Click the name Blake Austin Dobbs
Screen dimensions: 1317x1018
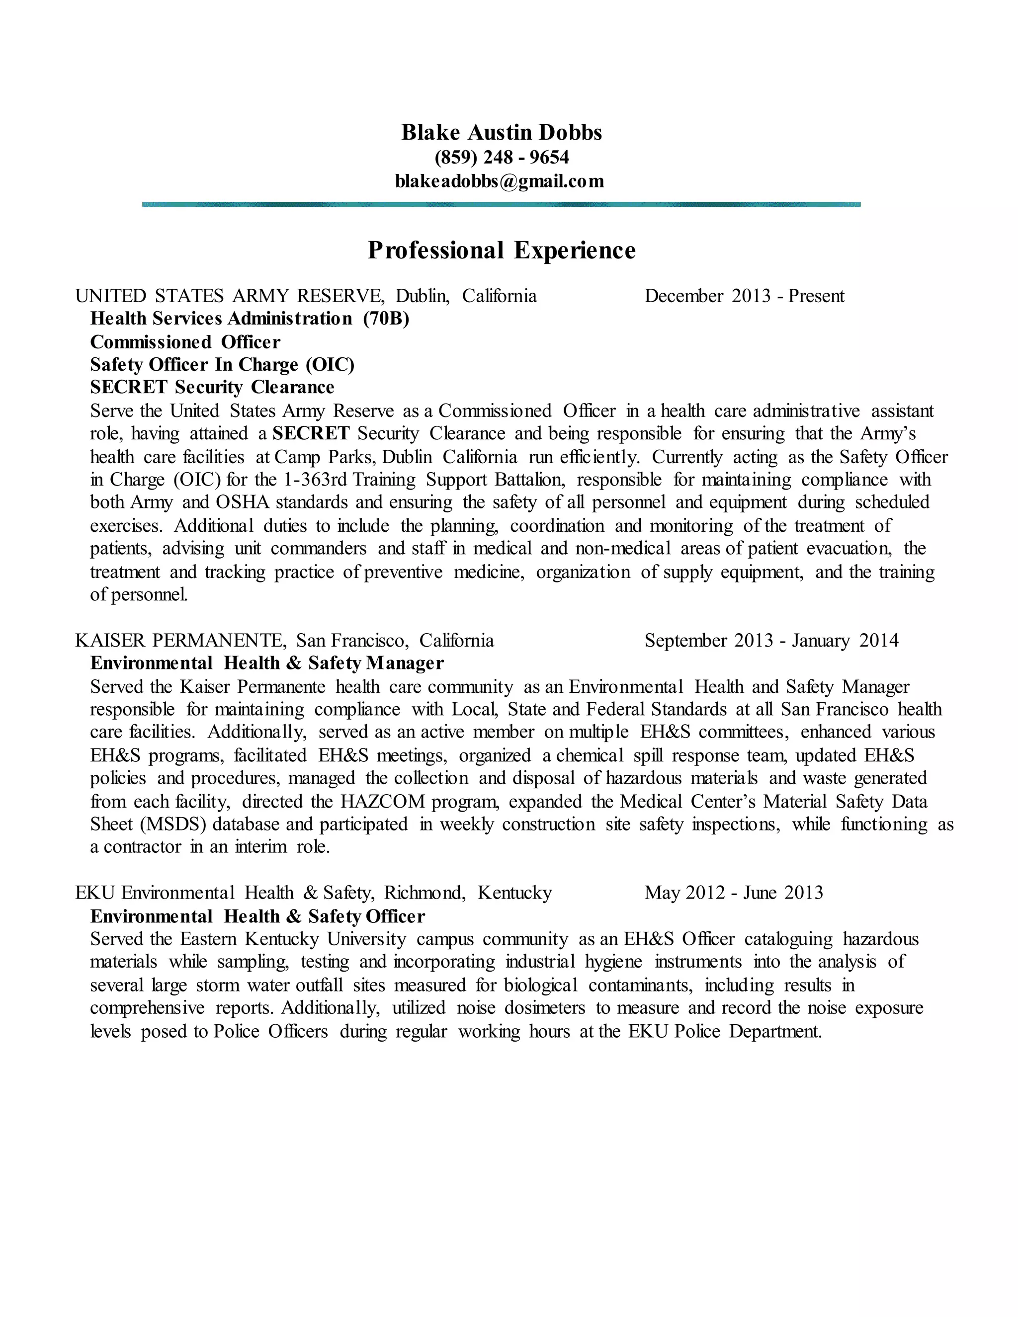(x=502, y=132)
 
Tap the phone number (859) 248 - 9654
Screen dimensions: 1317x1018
(x=502, y=158)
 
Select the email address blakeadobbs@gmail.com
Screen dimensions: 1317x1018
(x=500, y=181)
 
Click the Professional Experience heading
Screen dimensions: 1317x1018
(x=502, y=250)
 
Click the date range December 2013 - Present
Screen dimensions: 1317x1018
(x=744, y=296)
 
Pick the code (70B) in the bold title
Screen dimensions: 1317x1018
(x=386, y=319)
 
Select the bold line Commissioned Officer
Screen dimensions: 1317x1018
(x=185, y=342)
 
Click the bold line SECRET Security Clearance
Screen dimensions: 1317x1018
(x=212, y=387)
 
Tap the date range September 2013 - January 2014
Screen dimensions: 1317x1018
(x=771, y=641)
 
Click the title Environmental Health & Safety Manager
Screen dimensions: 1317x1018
(x=266, y=663)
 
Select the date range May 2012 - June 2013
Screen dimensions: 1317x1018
(x=733, y=893)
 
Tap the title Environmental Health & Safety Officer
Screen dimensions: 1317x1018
(x=257, y=916)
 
